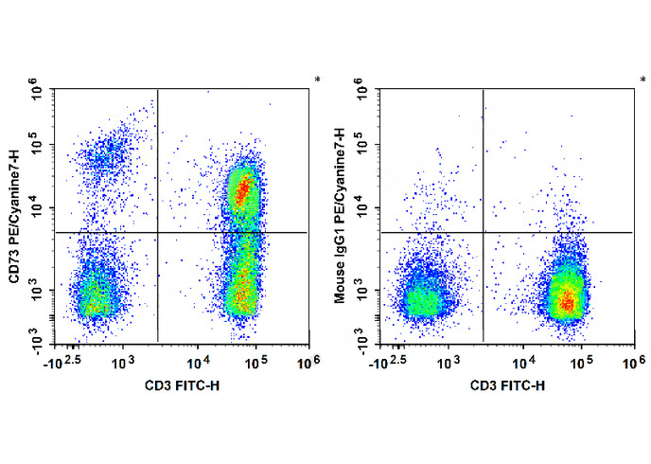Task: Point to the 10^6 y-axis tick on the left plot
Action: click(x=39, y=92)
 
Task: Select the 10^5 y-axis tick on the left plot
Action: click(x=39, y=146)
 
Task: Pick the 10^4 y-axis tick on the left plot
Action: click(x=39, y=207)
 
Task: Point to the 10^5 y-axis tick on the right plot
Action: click(x=364, y=146)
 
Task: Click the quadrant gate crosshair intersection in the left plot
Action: click(x=157, y=232)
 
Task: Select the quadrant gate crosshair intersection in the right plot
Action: click(x=484, y=232)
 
